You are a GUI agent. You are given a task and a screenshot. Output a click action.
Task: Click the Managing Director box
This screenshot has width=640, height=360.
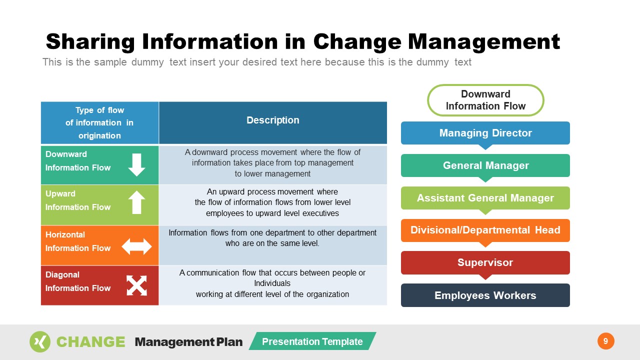tap(485, 133)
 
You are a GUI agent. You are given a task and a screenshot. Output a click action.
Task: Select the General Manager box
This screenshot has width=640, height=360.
tap(485, 165)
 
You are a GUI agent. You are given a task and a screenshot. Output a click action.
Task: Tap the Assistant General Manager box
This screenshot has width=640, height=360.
tap(485, 198)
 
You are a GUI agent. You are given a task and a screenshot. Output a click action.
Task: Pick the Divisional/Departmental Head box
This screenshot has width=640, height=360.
tap(485, 230)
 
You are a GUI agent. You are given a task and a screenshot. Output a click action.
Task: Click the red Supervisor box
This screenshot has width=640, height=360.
tap(485, 262)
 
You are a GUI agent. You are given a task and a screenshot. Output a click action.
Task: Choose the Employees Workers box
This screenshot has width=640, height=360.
tap(485, 295)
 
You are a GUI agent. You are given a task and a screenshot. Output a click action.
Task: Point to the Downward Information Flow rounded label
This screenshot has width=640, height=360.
tap(485, 100)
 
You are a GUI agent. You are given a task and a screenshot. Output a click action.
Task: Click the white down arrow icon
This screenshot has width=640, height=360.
tap(136, 164)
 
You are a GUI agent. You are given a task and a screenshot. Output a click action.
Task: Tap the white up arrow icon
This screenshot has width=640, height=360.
tap(136, 203)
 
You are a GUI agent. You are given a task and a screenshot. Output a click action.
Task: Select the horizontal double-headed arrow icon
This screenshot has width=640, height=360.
tap(136, 246)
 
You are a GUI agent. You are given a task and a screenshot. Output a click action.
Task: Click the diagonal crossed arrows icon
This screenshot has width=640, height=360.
tap(136, 285)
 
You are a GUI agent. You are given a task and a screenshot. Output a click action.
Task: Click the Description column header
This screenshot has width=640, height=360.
tap(272, 120)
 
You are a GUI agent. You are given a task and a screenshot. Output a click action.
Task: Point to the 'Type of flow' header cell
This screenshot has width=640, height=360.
tap(99, 123)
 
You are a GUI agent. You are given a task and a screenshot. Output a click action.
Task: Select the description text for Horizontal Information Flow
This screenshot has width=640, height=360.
tap(272, 238)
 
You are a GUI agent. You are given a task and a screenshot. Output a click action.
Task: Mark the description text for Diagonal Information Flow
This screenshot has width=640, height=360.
tap(272, 283)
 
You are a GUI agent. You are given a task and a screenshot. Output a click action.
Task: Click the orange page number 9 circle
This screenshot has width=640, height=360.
tap(605, 341)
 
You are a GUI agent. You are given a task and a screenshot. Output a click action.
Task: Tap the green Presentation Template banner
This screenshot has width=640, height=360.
tap(312, 341)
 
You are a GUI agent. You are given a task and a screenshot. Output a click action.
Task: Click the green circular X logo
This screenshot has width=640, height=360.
tap(40, 341)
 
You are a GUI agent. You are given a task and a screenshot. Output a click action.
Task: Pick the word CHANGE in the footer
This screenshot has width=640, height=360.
tap(90, 342)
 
